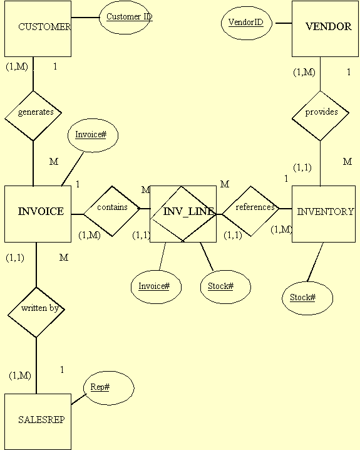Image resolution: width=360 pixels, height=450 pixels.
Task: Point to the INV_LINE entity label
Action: (188, 211)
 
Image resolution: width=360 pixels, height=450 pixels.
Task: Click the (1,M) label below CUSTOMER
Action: (17, 66)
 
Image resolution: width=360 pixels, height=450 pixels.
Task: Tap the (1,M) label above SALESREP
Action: (20, 375)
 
